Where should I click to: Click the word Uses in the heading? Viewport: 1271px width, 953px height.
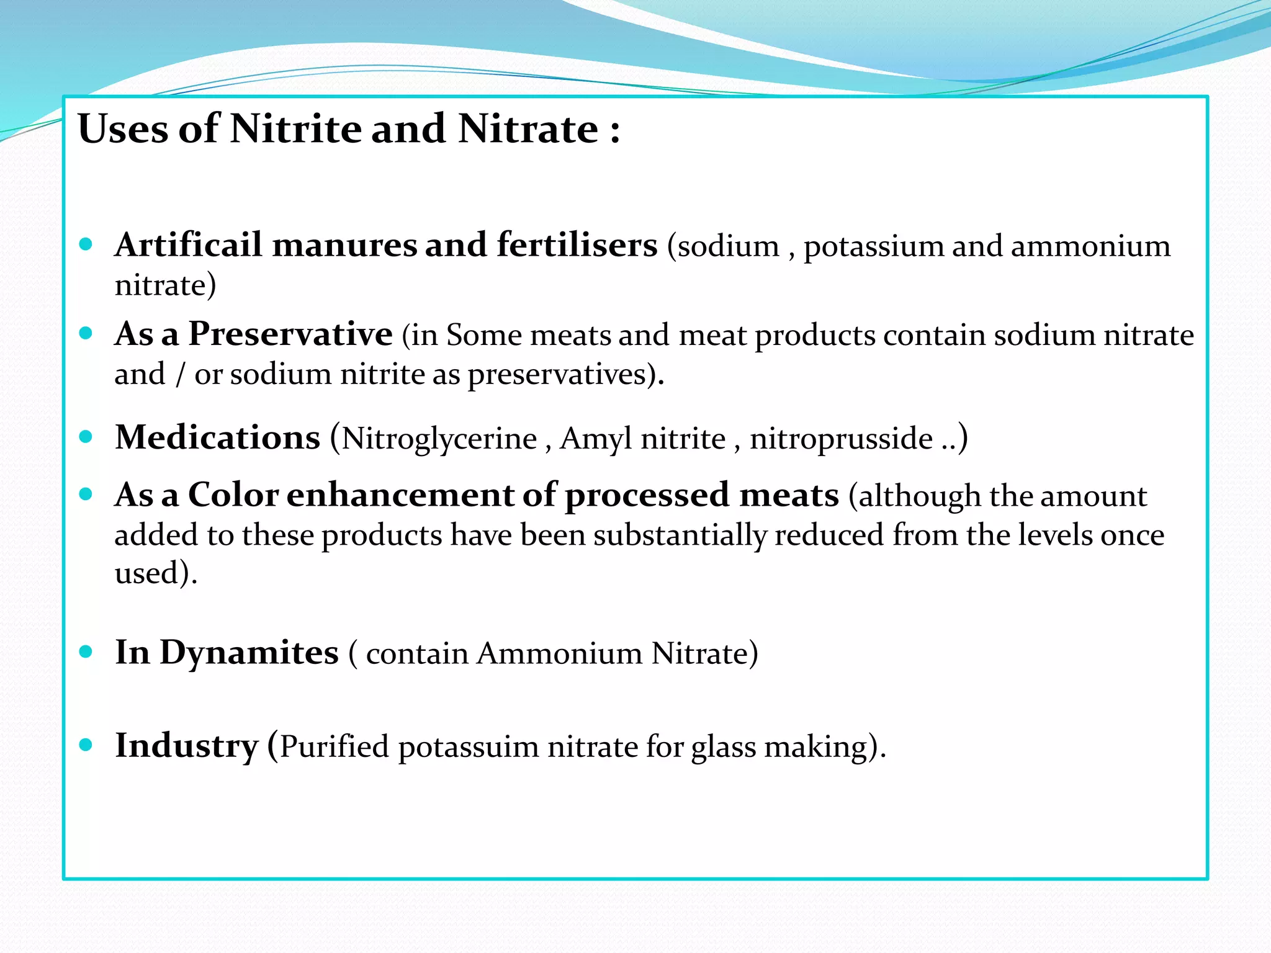click(x=123, y=129)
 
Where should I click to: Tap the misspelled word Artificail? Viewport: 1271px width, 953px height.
click(x=188, y=244)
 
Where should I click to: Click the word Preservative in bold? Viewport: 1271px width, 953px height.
click(x=290, y=334)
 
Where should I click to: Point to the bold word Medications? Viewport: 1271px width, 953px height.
click(x=217, y=437)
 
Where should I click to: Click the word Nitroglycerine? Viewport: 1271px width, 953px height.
click(x=439, y=439)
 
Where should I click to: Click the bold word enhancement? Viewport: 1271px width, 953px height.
click(x=400, y=496)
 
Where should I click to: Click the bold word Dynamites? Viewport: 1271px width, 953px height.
click(x=249, y=653)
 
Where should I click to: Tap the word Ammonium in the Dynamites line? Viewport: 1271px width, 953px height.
click(x=559, y=653)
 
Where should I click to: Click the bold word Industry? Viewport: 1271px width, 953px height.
click(x=186, y=746)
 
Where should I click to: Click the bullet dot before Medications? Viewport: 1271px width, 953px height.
click(x=86, y=436)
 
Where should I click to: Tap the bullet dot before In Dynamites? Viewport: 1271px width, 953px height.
click(x=86, y=651)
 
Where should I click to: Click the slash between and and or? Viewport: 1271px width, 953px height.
click(x=180, y=375)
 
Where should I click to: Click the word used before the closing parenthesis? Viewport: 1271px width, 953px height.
click(x=146, y=573)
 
